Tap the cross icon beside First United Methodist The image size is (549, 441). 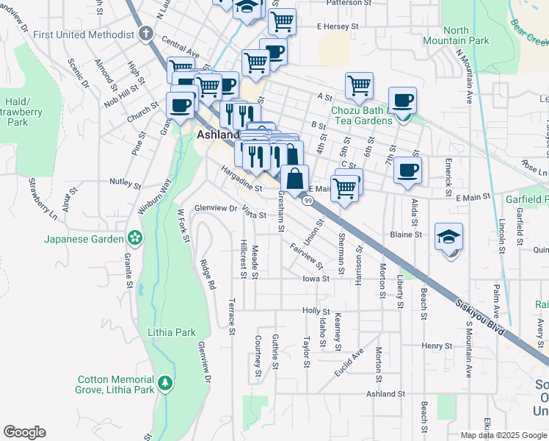point(146,34)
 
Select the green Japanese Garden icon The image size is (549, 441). point(134,237)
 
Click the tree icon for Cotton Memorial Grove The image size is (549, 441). point(166,383)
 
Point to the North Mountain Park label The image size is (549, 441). point(456,36)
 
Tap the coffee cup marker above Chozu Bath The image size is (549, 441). point(402,101)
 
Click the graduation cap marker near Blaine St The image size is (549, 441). point(448,237)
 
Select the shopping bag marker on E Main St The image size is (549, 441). point(294,179)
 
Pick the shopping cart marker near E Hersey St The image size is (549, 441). point(281,21)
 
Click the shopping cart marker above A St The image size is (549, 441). point(359,85)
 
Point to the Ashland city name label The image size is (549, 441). point(218,135)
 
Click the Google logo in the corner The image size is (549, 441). point(24,432)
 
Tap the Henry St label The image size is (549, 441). point(436,345)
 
